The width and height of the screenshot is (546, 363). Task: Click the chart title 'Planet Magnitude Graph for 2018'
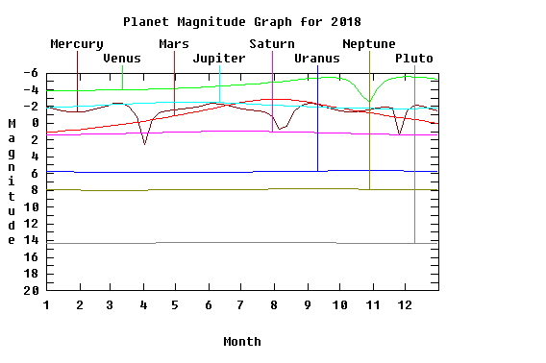(242, 22)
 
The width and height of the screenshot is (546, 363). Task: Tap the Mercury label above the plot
(77, 44)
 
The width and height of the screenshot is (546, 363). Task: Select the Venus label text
(122, 59)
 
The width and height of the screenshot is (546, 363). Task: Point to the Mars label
(174, 44)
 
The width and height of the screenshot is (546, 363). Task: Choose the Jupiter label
(219, 59)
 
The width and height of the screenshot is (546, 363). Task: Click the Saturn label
(272, 44)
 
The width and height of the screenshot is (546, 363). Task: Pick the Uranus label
(317, 59)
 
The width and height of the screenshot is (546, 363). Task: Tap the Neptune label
(369, 44)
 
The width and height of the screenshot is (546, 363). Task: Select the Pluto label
(414, 59)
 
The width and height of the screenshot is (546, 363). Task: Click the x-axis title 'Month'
(242, 342)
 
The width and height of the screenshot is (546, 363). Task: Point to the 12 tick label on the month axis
(405, 305)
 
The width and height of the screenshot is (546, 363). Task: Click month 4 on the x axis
(143, 305)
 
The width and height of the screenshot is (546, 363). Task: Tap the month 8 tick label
(274, 305)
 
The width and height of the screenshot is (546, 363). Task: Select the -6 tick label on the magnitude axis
(31, 73)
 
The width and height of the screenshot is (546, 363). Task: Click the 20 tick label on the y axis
(32, 290)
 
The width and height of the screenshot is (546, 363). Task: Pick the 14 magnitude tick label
(32, 240)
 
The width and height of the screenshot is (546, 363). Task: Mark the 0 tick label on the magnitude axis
(35, 123)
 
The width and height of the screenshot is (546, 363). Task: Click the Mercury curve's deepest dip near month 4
(144, 144)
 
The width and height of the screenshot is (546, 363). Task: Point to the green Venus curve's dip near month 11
(369, 101)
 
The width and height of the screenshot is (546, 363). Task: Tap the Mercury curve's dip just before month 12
(399, 134)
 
